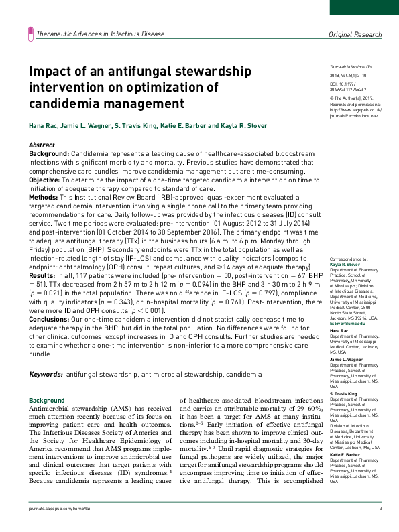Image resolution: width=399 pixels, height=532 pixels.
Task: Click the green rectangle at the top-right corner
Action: [x=363, y=7]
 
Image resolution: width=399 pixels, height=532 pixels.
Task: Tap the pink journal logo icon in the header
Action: [x=30, y=33]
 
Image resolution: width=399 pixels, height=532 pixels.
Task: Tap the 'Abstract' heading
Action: [x=42, y=145]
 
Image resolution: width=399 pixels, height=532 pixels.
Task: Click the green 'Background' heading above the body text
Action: [x=46, y=401]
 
